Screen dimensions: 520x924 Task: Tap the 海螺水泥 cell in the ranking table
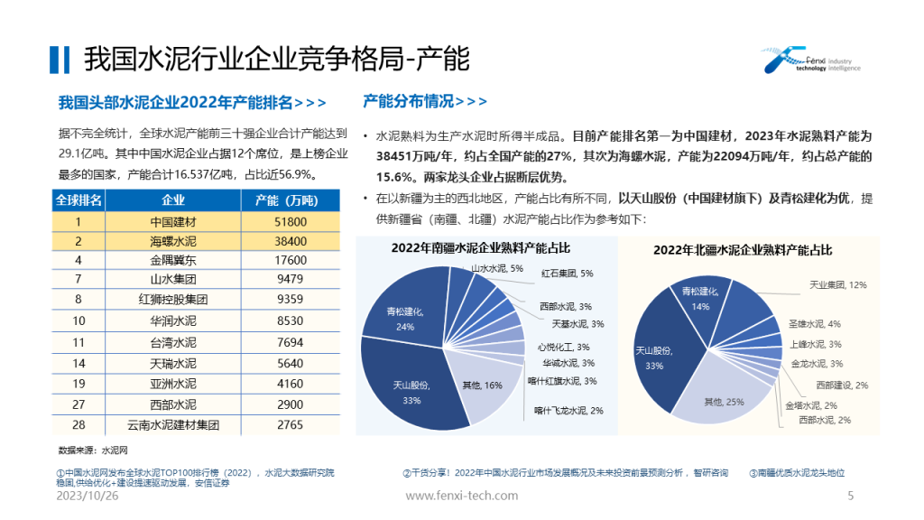(x=172, y=241)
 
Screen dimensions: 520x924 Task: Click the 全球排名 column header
(x=79, y=200)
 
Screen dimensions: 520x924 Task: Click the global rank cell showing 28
(x=79, y=424)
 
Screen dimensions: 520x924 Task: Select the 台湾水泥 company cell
(x=172, y=343)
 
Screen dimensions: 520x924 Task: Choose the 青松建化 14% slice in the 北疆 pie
(x=699, y=297)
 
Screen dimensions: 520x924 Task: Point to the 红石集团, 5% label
(x=567, y=273)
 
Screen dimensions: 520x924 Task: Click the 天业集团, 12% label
(x=837, y=284)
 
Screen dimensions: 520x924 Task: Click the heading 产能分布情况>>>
(x=424, y=101)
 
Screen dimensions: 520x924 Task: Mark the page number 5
(x=850, y=496)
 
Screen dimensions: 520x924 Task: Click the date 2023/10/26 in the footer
(x=88, y=496)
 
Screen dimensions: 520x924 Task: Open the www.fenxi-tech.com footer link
(x=462, y=496)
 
